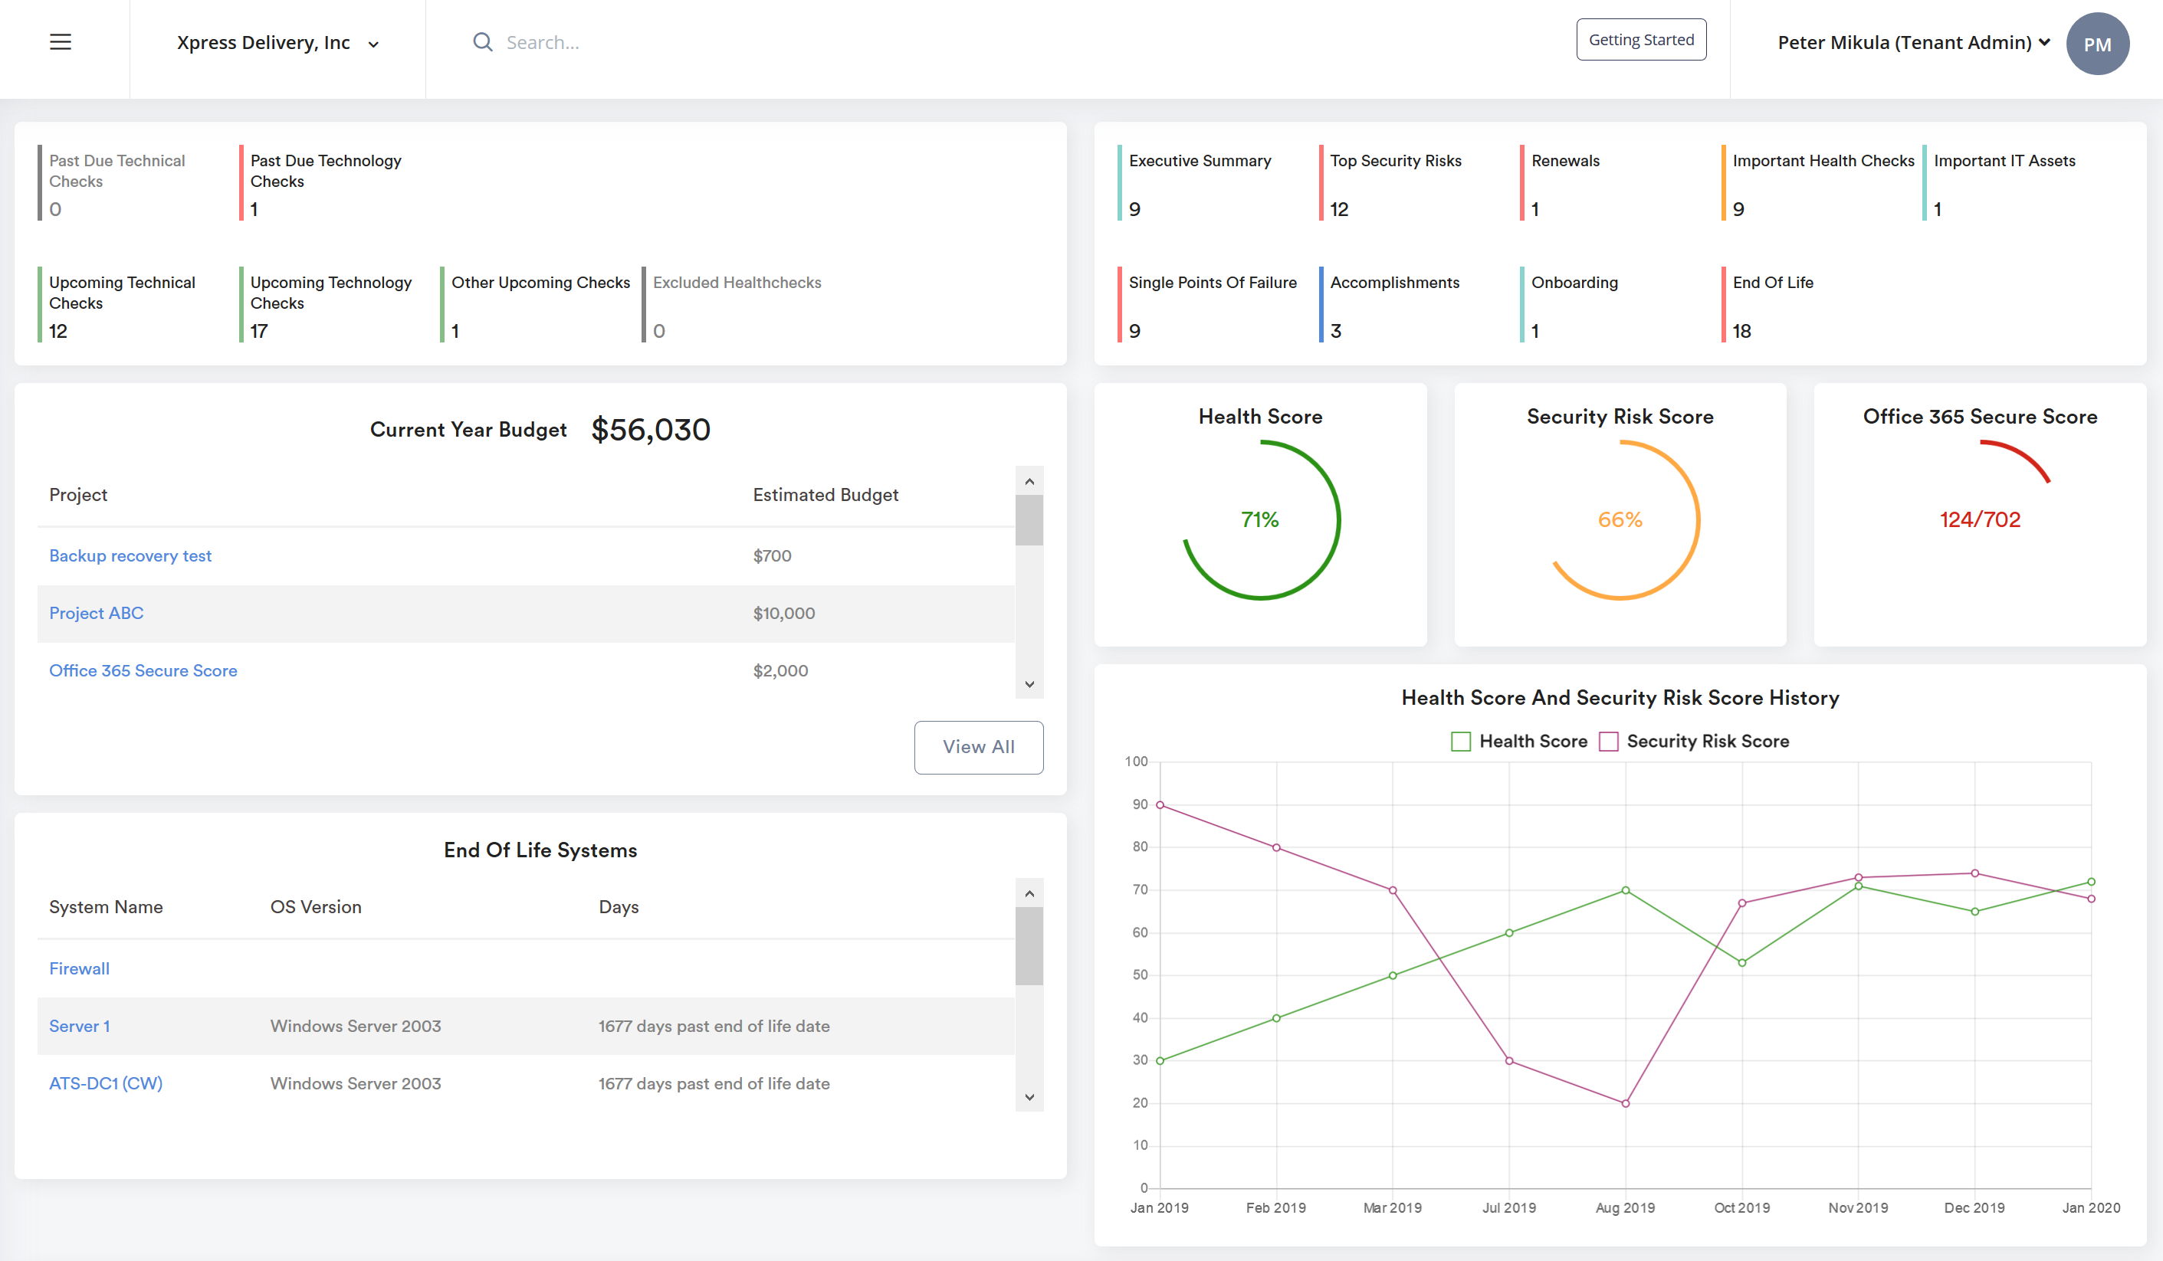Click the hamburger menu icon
(60, 42)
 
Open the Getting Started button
(1640, 40)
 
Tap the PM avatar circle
(2097, 44)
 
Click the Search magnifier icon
(483, 42)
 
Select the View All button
(979, 747)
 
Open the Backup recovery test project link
(130, 556)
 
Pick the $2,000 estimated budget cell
(780, 671)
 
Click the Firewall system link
(79, 968)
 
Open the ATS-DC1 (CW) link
(106, 1083)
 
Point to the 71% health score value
(1260, 520)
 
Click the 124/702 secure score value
(1980, 520)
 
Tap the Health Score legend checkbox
(1461, 741)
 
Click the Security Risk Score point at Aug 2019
(1626, 1103)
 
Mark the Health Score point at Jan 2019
(1160, 1061)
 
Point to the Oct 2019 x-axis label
(1741, 1208)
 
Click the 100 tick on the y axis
(1136, 762)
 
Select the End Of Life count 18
(1741, 331)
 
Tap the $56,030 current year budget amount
(651, 430)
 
